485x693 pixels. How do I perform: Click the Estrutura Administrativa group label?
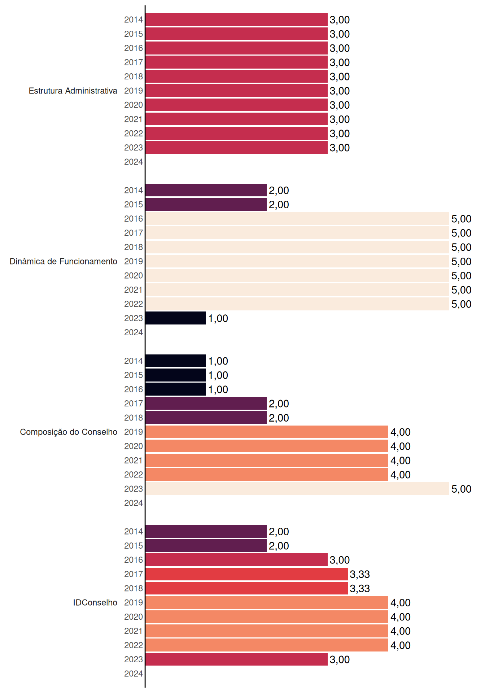73,91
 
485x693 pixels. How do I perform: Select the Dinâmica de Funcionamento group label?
64,261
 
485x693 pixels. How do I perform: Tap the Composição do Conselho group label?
69,432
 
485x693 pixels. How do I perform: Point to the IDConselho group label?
95,602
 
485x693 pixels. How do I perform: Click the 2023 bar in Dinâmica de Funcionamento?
176,318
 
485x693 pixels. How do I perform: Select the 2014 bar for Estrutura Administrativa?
236,19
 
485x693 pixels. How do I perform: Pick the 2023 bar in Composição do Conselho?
297,489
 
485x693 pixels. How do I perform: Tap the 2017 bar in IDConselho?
246,574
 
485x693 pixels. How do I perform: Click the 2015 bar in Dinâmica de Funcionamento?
206,204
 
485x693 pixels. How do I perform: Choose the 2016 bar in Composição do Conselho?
176,389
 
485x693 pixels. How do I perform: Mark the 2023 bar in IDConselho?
236,659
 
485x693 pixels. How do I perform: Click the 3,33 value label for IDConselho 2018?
360,588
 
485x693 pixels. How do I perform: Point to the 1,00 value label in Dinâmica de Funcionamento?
218,318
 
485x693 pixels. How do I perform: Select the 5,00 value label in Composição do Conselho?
461,489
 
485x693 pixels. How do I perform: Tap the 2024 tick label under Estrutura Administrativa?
134,162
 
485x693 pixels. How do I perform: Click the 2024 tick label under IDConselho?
134,674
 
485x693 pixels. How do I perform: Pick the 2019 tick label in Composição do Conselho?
134,432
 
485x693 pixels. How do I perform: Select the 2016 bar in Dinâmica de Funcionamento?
297,218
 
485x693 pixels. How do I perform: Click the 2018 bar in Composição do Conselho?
206,418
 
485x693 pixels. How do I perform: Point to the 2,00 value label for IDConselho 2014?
279,532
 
